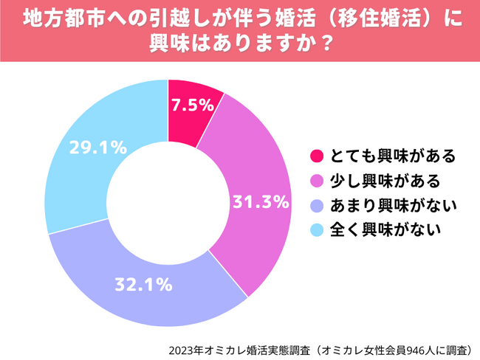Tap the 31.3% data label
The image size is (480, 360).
coord(260,202)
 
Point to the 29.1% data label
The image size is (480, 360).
coord(97,148)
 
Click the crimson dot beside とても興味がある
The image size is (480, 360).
coord(317,156)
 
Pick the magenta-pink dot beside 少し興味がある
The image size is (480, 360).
coord(317,180)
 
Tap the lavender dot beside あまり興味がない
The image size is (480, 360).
coord(317,204)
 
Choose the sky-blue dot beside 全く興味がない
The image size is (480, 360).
coord(317,229)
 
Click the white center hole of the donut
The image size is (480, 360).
coord(168,202)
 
